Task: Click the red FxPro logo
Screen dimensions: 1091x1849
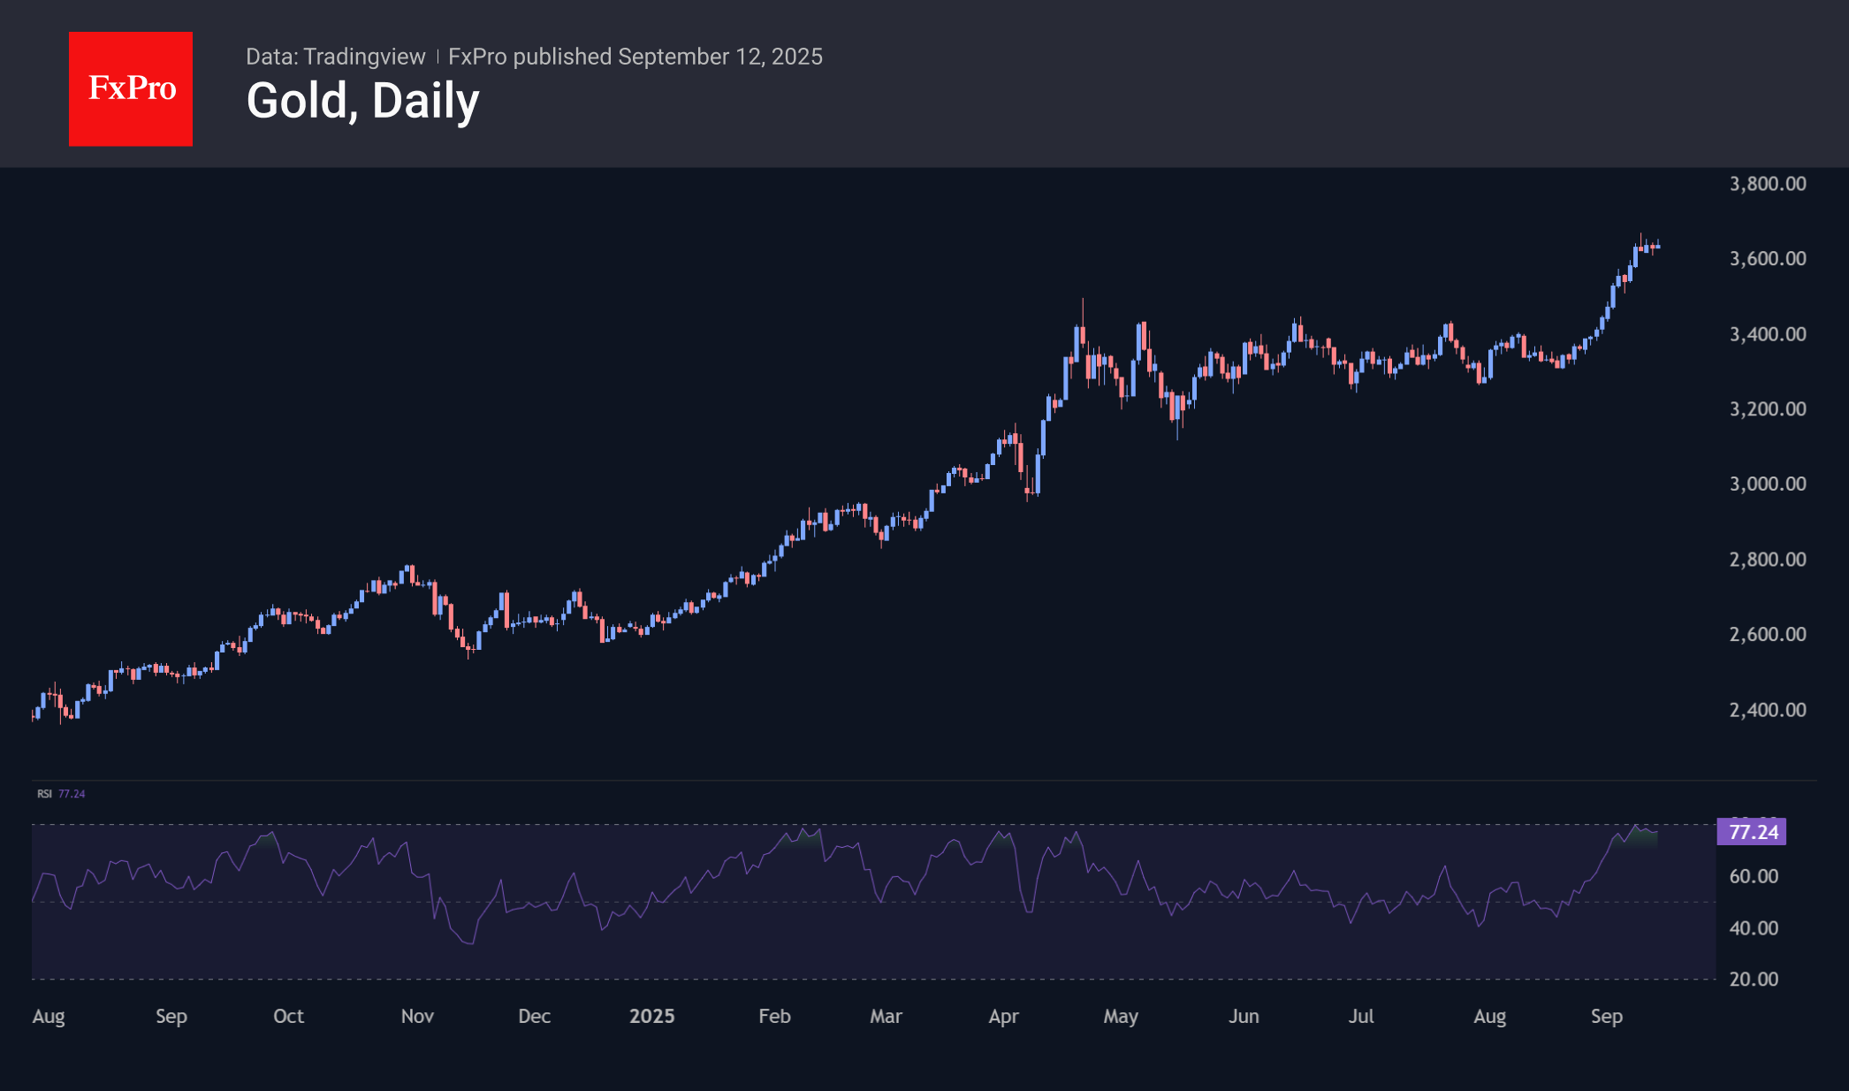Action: click(x=131, y=88)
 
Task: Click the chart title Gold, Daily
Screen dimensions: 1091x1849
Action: click(x=362, y=101)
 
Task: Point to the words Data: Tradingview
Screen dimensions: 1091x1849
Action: click(x=335, y=57)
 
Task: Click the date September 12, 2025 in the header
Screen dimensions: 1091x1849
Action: click(x=720, y=57)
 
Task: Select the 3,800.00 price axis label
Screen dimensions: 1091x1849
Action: click(x=1767, y=184)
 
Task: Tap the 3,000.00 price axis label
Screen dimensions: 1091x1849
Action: click(x=1767, y=484)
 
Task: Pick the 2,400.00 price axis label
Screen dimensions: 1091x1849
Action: click(x=1767, y=710)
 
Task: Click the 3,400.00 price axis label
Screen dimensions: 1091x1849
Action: click(x=1767, y=334)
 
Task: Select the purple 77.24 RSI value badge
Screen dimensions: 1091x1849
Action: click(x=1751, y=832)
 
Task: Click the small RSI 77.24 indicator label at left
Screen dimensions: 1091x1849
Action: click(x=61, y=794)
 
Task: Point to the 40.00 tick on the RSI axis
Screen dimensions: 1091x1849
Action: click(x=1753, y=928)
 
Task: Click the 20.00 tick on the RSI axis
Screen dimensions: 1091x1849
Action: click(x=1753, y=979)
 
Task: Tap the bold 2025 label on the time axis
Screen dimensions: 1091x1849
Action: click(x=651, y=1017)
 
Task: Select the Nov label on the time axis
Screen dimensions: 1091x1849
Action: click(x=417, y=1017)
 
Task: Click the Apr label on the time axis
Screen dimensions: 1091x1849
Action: click(x=1003, y=1017)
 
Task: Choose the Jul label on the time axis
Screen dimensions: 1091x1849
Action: click(x=1361, y=1017)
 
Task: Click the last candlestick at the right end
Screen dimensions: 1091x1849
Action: click(x=1657, y=246)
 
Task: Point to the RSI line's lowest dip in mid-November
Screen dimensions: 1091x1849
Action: click(x=469, y=942)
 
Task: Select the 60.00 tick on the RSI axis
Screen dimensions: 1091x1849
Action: click(x=1753, y=876)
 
